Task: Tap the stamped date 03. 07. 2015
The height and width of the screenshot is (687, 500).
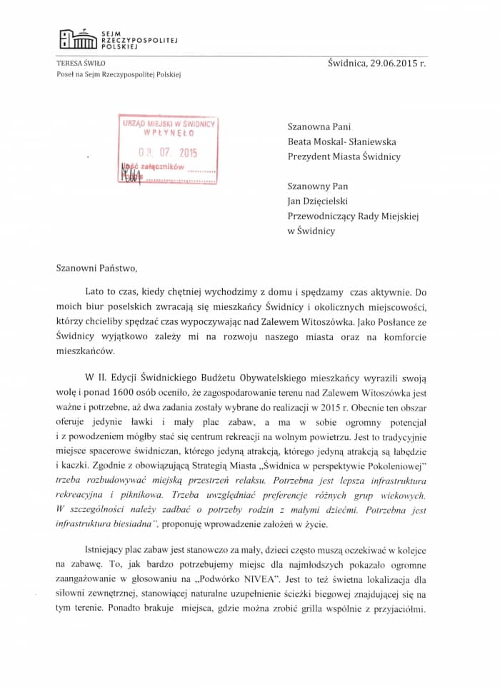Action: tap(168, 152)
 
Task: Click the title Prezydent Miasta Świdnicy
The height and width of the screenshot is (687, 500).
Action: tap(344, 156)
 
